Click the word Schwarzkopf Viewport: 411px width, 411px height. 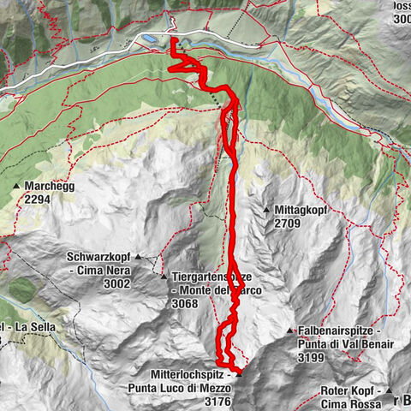(99, 256)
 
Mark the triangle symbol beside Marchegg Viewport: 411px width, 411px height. (16, 186)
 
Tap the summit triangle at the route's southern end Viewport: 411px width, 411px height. (239, 372)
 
